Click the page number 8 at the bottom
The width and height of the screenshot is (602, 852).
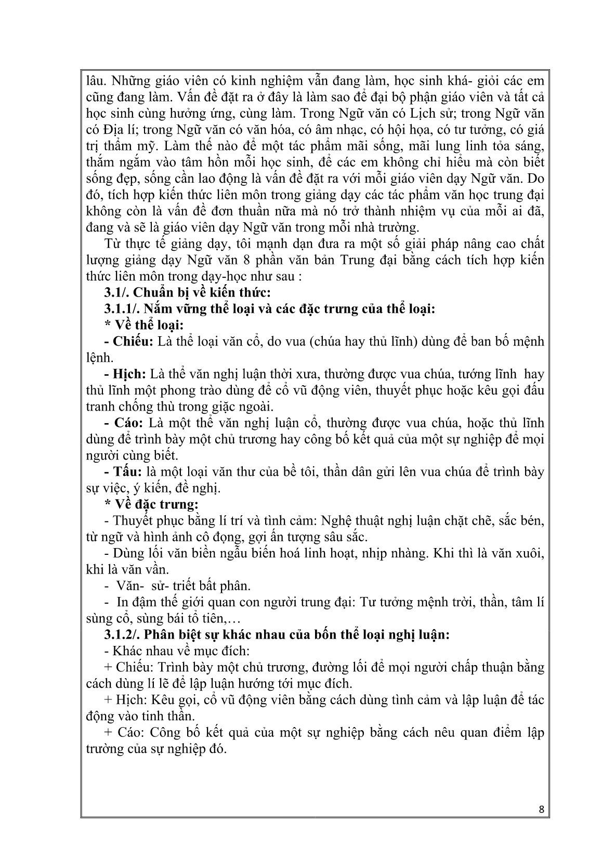(x=542, y=809)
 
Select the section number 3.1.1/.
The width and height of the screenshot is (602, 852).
(x=124, y=309)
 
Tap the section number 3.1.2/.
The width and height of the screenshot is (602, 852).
(x=124, y=634)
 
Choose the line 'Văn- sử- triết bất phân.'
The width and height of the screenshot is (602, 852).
(x=178, y=586)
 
